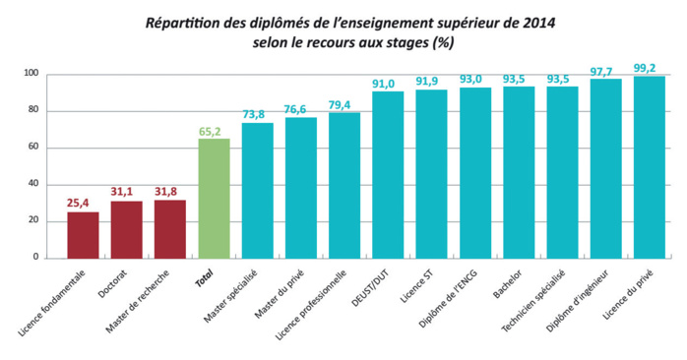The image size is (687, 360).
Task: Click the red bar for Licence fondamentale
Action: click(83, 235)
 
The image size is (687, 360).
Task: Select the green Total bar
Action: click(214, 198)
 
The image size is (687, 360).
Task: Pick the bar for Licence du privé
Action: click(650, 166)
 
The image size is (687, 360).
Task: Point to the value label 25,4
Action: click(83, 204)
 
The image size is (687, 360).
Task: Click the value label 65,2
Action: click(214, 130)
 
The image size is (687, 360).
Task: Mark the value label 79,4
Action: click(344, 104)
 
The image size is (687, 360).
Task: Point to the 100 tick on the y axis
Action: click(31, 75)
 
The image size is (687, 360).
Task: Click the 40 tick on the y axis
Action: click(33, 184)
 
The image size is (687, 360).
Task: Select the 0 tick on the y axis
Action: click(36, 258)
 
